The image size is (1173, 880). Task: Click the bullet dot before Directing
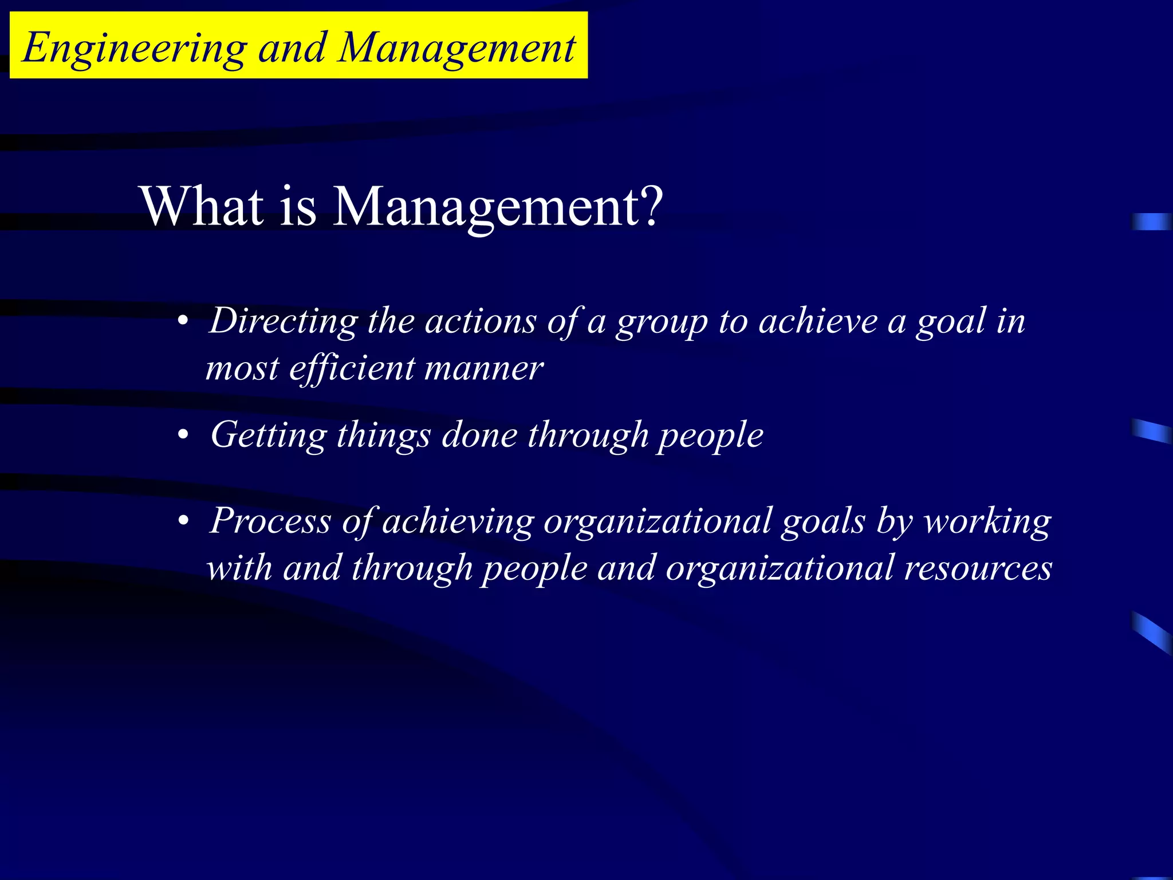tap(183, 322)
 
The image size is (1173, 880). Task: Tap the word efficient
tap(352, 368)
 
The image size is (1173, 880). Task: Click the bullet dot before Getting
tap(183, 436)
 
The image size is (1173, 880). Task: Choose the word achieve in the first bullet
tap(818, 321)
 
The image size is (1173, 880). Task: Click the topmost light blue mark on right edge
tap(1151, 222)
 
